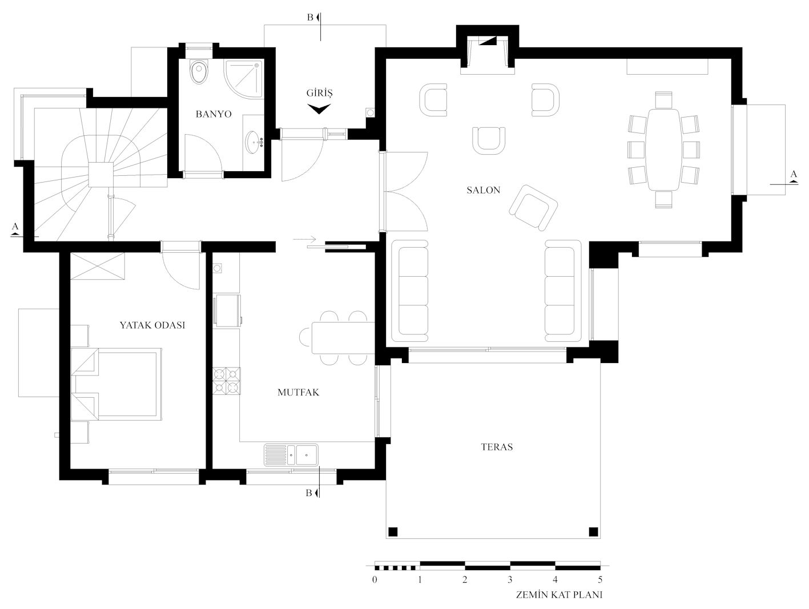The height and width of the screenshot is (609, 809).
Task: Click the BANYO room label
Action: coord(214,114)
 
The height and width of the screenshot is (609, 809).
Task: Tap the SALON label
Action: coord(483,190)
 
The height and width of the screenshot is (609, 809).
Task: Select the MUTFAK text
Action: coord(298,392)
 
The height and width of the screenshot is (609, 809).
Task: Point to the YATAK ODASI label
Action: coord(152,325)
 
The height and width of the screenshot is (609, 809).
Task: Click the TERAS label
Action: coord(497,447)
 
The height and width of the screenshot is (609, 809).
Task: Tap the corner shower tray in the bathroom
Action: coord(244,79)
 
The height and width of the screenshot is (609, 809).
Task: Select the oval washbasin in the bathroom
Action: coord(254,142)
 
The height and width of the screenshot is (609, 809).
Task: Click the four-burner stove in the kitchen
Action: coord(226,381)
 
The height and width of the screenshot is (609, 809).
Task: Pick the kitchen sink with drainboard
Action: coord(291,455)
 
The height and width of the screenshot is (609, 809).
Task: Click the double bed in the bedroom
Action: coord(116,384)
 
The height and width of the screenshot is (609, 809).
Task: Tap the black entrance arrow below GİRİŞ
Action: coord(319,109)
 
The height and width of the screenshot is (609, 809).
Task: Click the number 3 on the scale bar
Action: coord(510,579)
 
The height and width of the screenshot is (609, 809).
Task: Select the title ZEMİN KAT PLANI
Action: coord(559,595)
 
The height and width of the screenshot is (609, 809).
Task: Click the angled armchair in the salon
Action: coord(533,208)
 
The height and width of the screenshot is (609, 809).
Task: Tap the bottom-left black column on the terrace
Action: coord(393,531)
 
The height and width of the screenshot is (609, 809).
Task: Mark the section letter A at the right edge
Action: coord(794,174)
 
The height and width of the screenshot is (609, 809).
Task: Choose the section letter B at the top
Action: coord(310,17)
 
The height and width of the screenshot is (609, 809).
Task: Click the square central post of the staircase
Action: coord(100,175)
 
